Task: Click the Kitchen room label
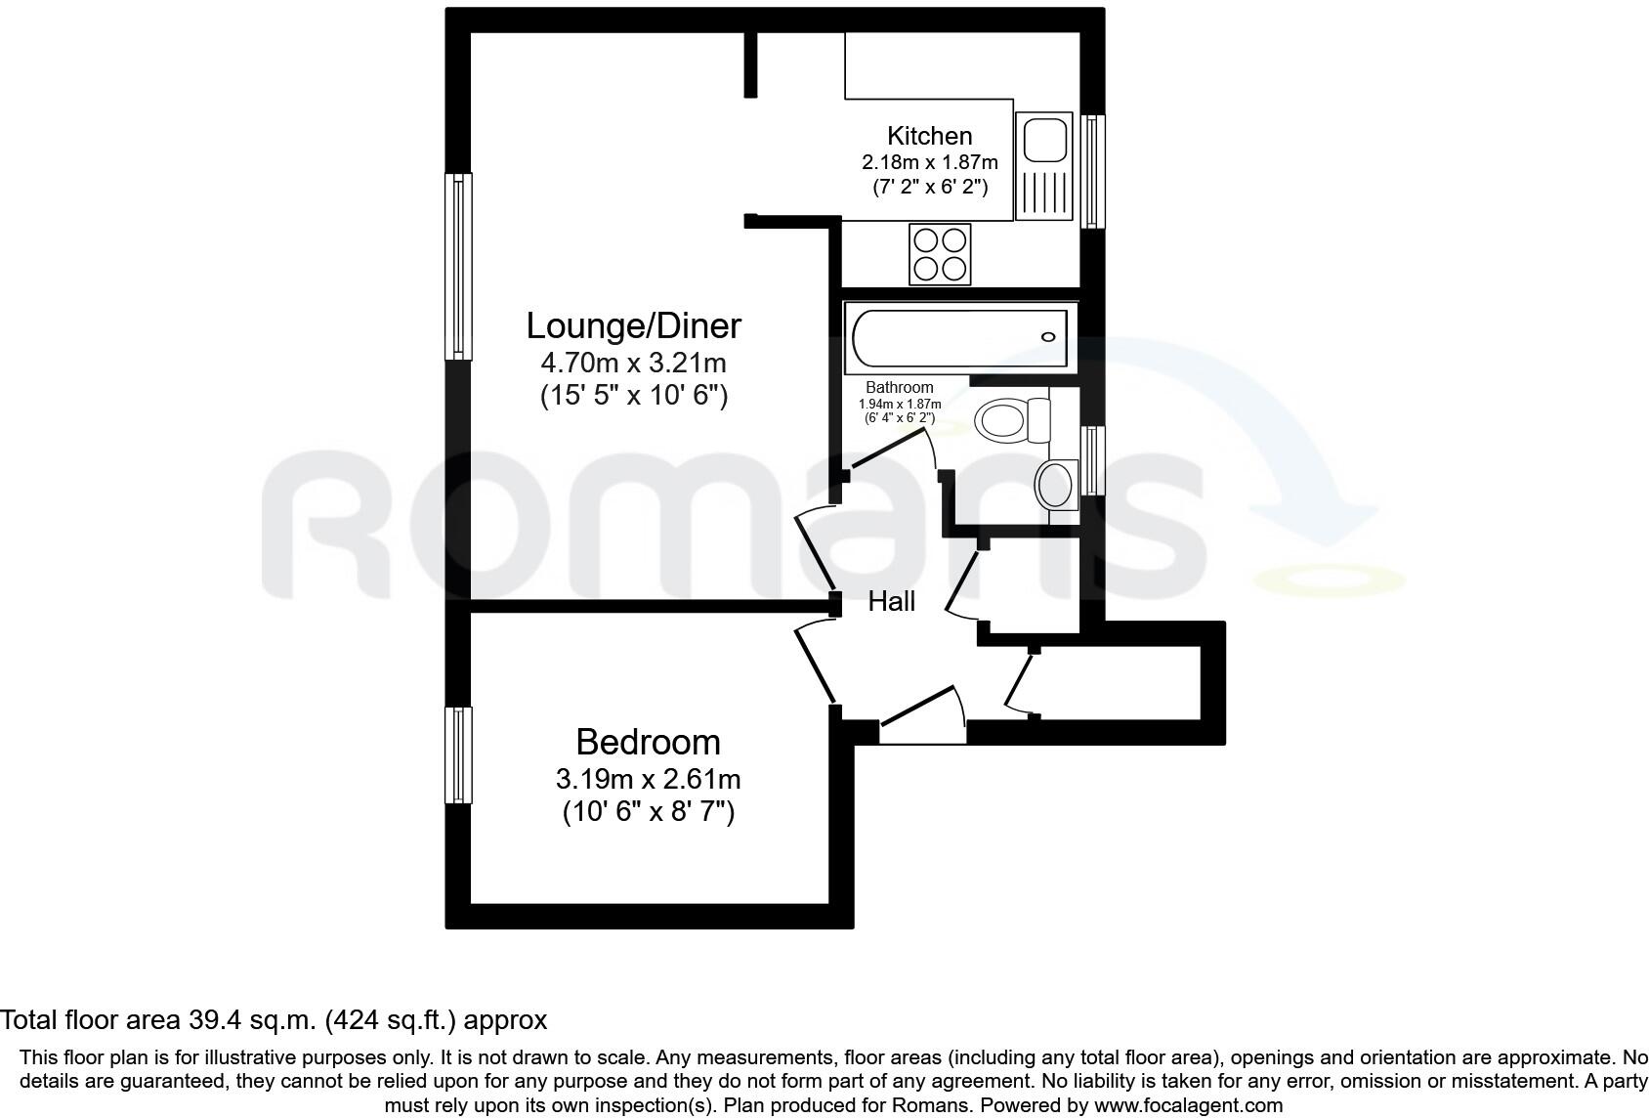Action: (x=929, y=136)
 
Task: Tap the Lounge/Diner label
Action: (x=633, y=325)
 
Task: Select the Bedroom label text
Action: (x=648, y=742)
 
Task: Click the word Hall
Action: (x=891, y=601)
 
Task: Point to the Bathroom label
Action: (x=899, y=388)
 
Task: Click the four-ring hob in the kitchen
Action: (x=940, y=254)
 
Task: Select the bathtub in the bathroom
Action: (x=959, y=337)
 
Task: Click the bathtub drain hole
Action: (x=1048, y=337)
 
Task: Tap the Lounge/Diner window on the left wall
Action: (x=458, y=266)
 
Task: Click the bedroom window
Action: (x=458, y=754)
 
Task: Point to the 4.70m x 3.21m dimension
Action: (x=633, y=364)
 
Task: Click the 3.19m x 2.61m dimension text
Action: (x=648, y=780)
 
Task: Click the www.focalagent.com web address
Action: (x=1188, y=1105)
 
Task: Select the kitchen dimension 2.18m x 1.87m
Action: (x=929, y=161)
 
